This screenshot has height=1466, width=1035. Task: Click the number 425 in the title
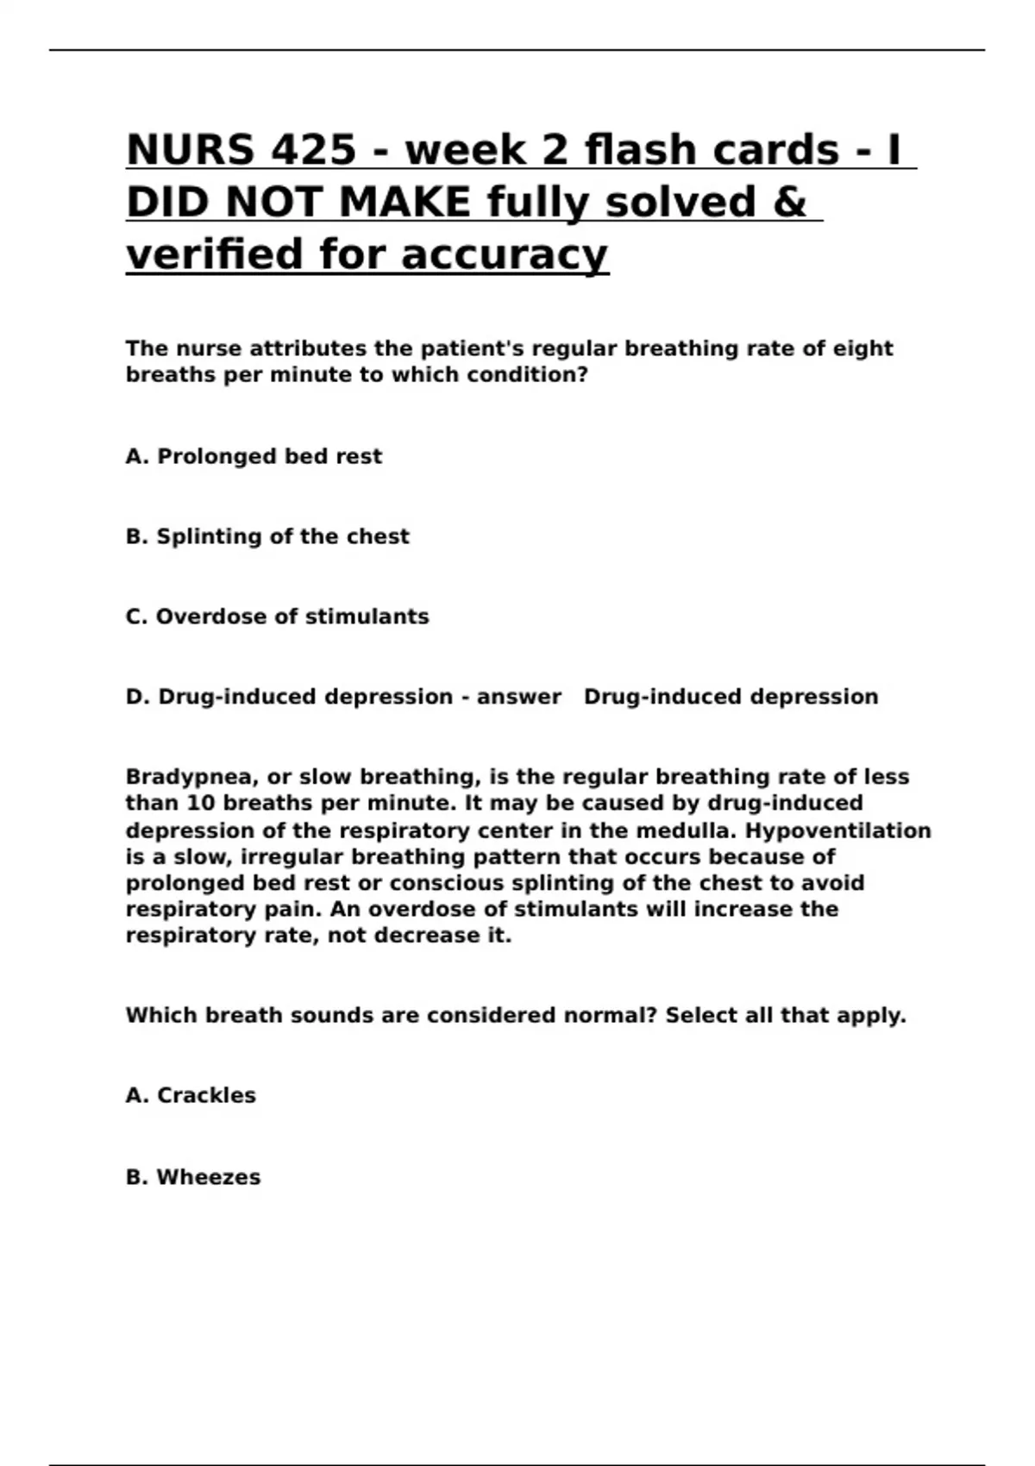(312, 150)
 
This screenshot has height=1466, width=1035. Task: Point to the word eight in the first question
(862, 348)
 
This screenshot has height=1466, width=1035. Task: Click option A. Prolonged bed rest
(254, 456)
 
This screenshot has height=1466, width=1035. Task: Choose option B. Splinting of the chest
(267, 536)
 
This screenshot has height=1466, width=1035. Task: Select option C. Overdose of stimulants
(277, 617)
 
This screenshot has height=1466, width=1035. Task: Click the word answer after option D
(518, 697)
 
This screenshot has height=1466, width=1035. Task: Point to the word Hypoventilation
(837, 830)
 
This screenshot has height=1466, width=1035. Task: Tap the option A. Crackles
(191, 1095)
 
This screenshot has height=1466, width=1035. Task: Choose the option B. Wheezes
(193, 1177)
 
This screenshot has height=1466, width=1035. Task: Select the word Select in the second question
(701, 1015)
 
